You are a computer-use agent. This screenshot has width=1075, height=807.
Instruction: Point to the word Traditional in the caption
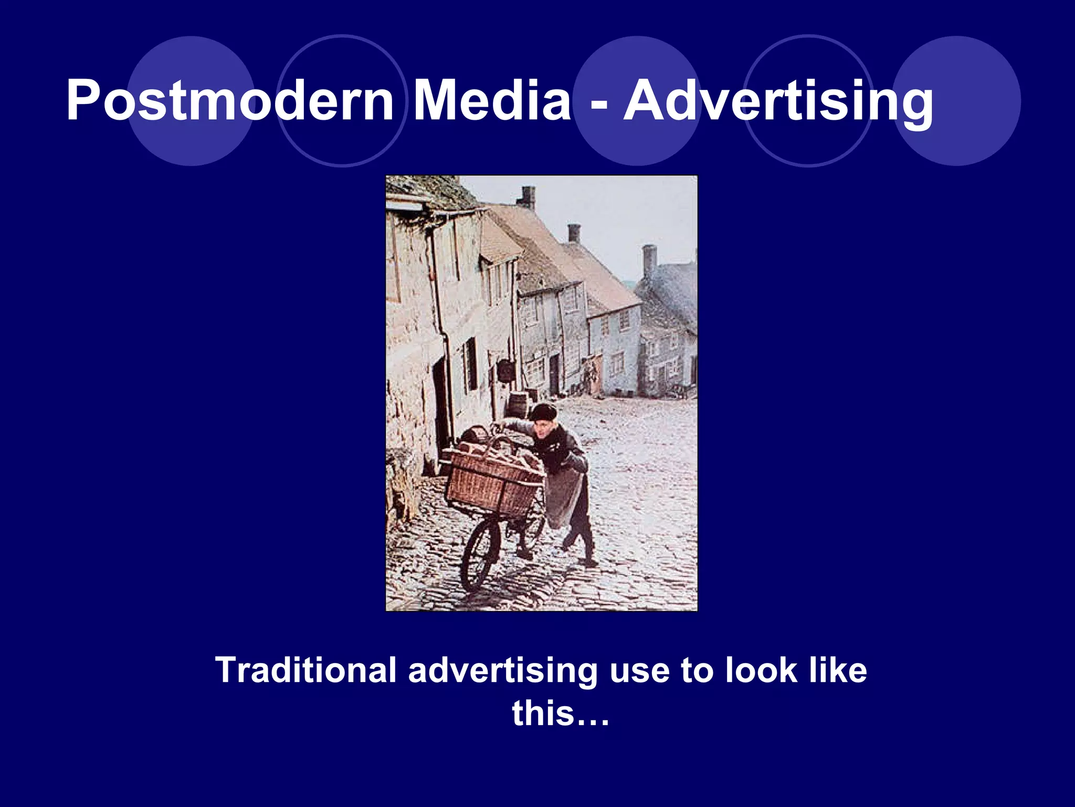(305, 670)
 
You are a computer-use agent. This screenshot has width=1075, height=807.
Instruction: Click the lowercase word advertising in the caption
(503, 671)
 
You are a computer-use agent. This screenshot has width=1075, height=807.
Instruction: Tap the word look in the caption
(761, 670)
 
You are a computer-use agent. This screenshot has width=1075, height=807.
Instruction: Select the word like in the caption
(838, 670)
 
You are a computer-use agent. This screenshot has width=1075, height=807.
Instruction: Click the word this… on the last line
(561, 713)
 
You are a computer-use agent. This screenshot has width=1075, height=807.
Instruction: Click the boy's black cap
(543, 411)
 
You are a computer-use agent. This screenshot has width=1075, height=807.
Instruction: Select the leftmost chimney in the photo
(528, 198)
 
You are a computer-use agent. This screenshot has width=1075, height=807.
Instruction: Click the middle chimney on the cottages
(574, 233)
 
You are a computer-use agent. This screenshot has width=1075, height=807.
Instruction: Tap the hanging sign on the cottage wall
(505, 370)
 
